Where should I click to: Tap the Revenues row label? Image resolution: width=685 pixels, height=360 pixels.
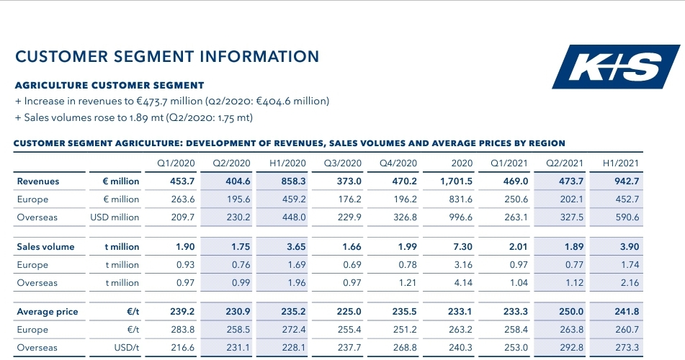pos(38,181)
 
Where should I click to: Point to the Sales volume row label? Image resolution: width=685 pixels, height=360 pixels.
pos(45,247)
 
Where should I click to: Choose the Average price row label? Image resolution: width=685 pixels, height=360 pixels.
pos(48,312)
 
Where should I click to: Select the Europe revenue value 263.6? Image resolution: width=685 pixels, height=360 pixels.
pos(181,199)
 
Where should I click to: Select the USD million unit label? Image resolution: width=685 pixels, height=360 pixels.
pos(115,217)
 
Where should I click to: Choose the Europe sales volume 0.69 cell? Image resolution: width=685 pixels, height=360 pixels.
pos(349,265)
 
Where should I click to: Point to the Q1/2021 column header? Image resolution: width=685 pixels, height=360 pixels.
pos(512,163)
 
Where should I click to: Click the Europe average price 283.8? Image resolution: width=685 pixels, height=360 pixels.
pos(181,330)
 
